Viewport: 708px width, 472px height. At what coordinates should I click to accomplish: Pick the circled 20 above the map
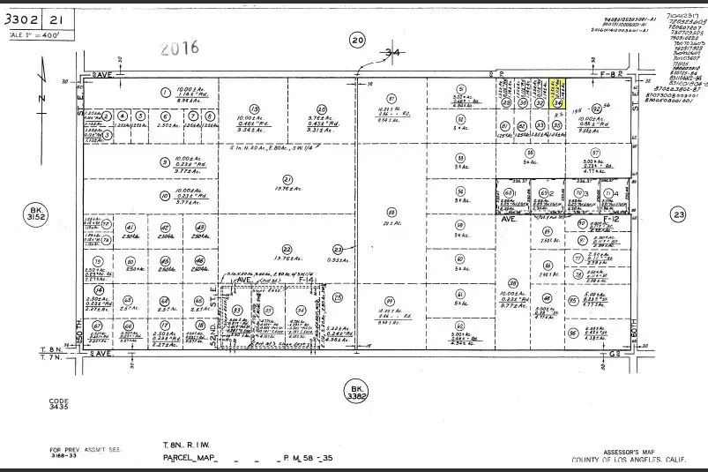[357, 40]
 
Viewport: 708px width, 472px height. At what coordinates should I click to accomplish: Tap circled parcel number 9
[164, 161]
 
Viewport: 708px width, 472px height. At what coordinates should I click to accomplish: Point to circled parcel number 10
[164, 197]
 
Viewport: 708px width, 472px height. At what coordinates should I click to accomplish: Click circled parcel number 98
[391, 213]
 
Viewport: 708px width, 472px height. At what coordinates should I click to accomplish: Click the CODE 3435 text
[58, 404]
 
